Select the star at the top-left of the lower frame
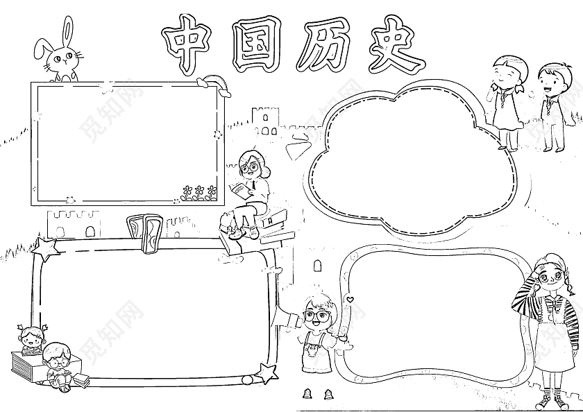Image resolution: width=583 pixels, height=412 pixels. coord(46,248)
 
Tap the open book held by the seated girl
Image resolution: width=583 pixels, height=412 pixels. coord(238,189)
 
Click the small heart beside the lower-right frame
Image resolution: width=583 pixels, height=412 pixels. coord(350,300)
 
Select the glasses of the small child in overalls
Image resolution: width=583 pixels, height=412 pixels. coord(318,314)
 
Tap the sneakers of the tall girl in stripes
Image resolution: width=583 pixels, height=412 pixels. coord(551,400)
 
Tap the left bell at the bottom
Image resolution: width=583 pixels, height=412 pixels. coord(307,395)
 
